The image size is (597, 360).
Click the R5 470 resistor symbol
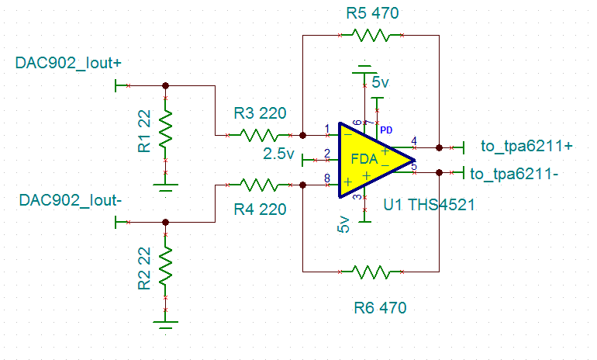[x=371, y=35]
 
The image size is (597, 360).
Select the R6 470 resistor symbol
[x=371, y=272]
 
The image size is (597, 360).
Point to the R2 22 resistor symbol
[x=165, y=265]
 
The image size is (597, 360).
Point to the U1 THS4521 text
[x=429, y=204]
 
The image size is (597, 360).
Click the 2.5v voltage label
[x=278, y=154]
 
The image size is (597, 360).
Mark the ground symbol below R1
[x=165, y=186]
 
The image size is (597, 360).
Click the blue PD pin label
[x=385, y=129]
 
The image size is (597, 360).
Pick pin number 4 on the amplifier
[x=414, y=140]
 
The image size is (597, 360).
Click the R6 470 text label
[x=380, y=308]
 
